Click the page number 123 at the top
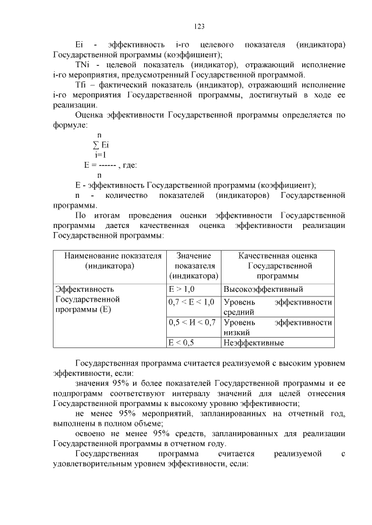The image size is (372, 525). click(198, 26)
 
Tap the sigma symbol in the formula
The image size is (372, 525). click(96, 145)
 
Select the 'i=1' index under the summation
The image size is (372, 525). click(100, 155)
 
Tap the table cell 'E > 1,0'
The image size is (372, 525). click(181, 289)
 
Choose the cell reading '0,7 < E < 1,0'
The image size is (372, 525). click(191, 302)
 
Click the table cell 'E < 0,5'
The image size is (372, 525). click(181, 343)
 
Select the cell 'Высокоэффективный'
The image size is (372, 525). click(263, 289)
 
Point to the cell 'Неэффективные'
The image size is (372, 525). click(254, 343)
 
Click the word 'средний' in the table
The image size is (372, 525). click(238, 312)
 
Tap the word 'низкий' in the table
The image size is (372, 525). click(237, 332)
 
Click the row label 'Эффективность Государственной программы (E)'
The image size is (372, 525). click(87, 299)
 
